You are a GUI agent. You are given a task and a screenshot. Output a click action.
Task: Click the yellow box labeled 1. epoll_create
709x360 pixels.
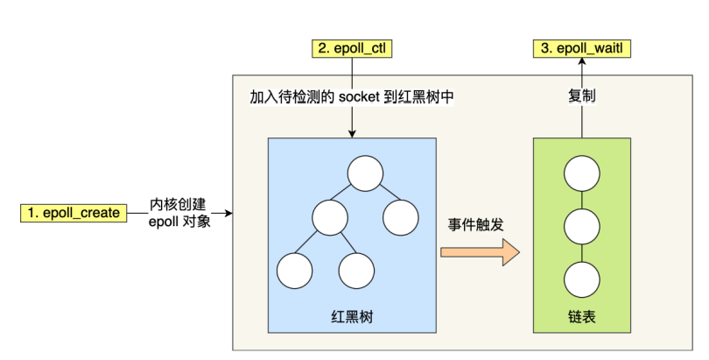coord(74,213)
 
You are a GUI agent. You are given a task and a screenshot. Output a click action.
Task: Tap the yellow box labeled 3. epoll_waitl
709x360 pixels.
coord(582,49)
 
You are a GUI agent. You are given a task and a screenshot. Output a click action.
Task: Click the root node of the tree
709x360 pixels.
coord(365,173)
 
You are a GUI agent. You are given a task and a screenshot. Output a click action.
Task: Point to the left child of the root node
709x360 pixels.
coord(331,216)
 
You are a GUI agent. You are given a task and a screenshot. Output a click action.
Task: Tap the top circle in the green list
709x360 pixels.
coord(580,173)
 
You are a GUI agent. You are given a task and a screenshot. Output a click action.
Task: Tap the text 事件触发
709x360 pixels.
coord(475,224)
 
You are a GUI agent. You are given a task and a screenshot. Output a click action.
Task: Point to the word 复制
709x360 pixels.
coord(582,96)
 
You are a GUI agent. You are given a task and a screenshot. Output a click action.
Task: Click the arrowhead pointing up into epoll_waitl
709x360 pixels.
coord(581,64)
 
